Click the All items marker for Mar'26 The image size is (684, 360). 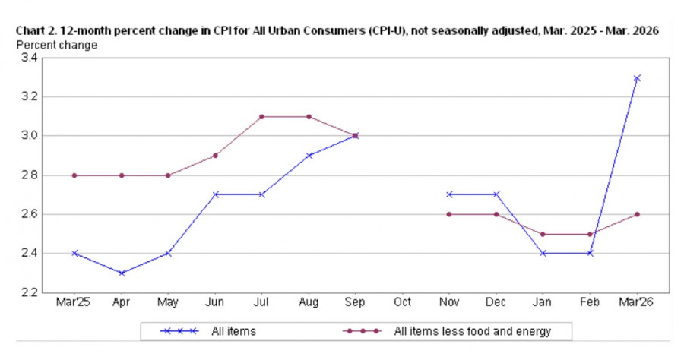pos(637,78)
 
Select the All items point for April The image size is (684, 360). pos(122,273)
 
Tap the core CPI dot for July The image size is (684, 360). pos(261,117)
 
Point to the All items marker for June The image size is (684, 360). pos(215,194)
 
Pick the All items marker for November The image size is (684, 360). pos(449,194)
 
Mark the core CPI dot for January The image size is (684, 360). pos(543,234)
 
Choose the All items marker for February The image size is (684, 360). pos(590,253)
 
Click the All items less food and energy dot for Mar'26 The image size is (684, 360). pos(637,214)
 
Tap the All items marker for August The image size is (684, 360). pos(309,156)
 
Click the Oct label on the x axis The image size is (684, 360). pos(402,302)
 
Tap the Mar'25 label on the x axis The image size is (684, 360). pos(74,302)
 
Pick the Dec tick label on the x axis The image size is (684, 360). pos(496,302)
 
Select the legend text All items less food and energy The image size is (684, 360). pos(472,331)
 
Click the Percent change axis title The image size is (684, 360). pos(57,45)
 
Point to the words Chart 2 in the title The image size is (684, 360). pos(34,31)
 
